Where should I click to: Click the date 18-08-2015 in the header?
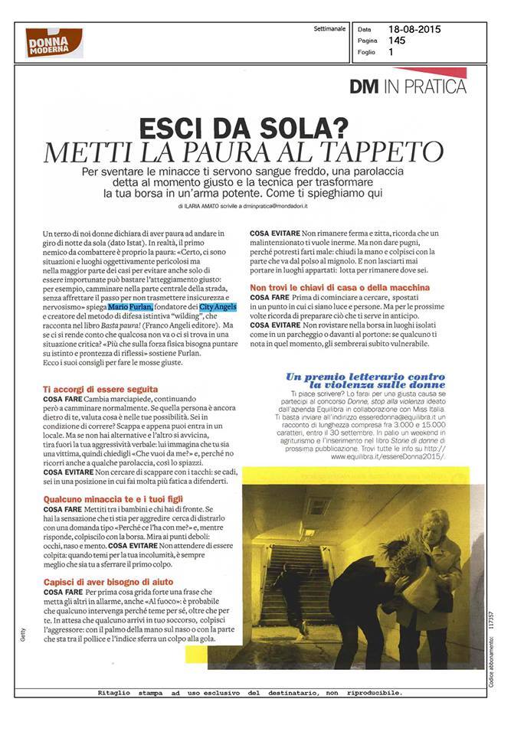[x=414, y=30]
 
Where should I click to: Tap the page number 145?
[x=397, y=41]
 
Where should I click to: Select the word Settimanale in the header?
[x=329, y=30]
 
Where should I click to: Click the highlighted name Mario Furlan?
[x=136, y=306]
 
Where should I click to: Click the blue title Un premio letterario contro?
[x=365, y=377]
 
